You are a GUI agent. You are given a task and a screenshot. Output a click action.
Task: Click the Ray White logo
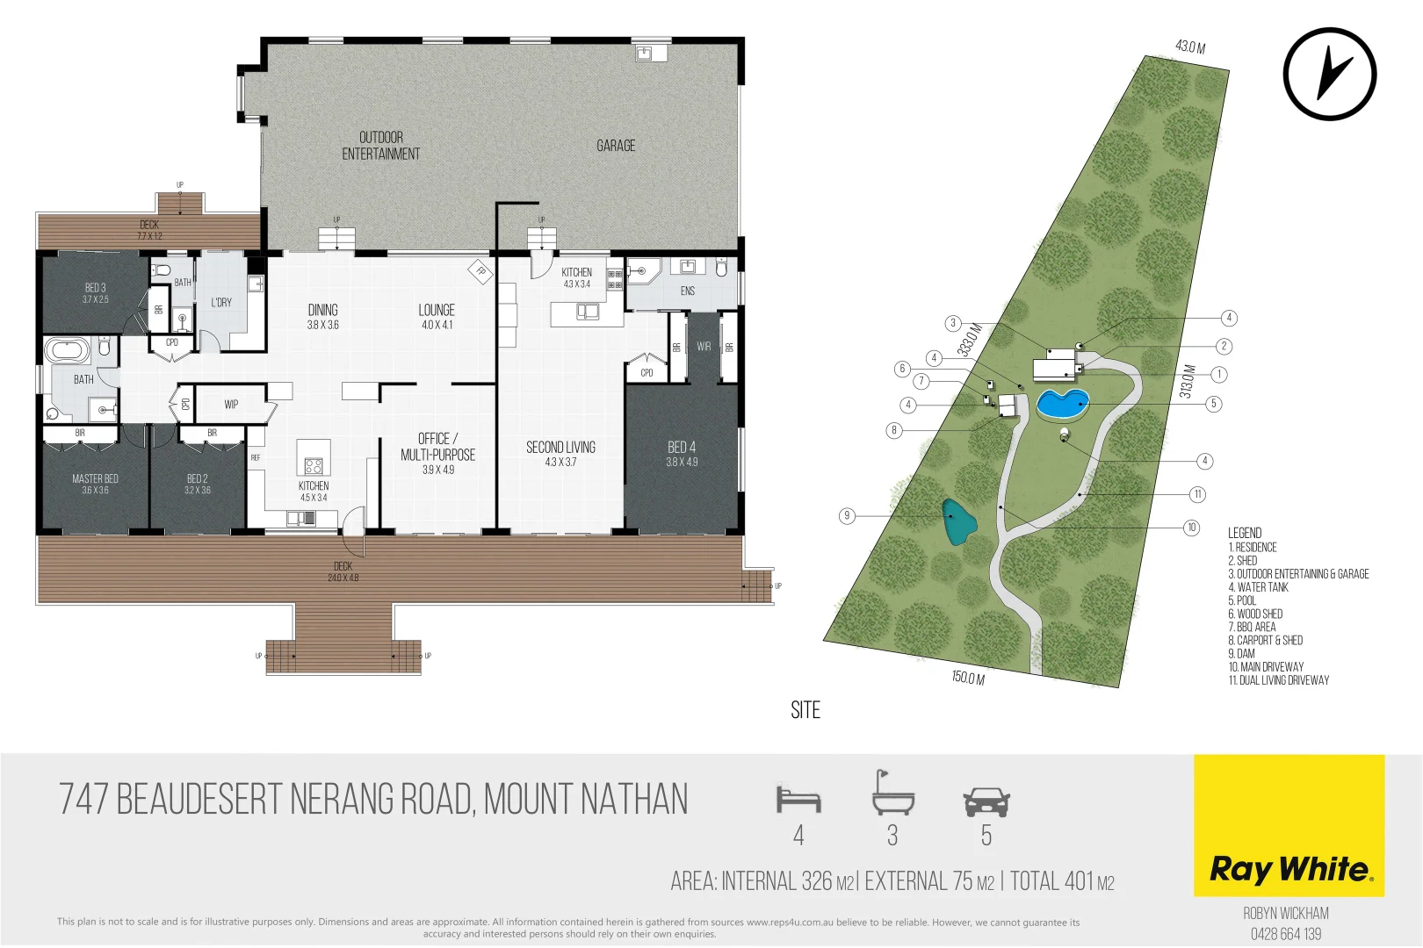[x=1289, y=868]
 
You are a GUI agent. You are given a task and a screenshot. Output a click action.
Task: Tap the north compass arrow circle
[x=1329, y=74]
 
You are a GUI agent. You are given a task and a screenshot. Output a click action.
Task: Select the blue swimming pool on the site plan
[x=1062, y=405]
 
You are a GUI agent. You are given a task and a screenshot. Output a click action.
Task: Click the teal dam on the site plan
[x=958, y=522]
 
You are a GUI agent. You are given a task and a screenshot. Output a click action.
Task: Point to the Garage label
[x=616, y=146]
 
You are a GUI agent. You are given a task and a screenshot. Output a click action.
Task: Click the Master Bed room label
[x=95, y=484]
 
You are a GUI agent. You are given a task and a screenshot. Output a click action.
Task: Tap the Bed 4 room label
[x=682, y=453]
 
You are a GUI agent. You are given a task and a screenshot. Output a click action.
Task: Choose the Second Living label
[x=560, y=453]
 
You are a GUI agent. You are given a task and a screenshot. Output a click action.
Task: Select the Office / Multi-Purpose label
[x=437, y=453]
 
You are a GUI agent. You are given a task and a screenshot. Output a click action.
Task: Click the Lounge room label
[x=437, y=316]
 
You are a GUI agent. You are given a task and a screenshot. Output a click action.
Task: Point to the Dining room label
[x=323, y=316]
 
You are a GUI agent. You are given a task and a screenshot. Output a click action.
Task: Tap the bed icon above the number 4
[x=798, y=799]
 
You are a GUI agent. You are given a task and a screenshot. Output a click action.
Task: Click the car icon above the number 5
[x=986, y=801]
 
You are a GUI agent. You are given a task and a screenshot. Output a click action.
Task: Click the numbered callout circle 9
[x=847, y=516]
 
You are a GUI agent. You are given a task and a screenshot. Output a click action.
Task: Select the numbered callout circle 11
[x=1197, y=494]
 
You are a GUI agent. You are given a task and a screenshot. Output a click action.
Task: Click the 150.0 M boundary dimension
[x=968, y=678]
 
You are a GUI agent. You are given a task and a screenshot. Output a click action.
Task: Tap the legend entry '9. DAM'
[x=1241, y=653]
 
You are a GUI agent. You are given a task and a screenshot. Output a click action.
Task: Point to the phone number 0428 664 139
[x=1286, y=934]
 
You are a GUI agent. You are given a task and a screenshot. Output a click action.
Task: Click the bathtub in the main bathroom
[x=68, y=351]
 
